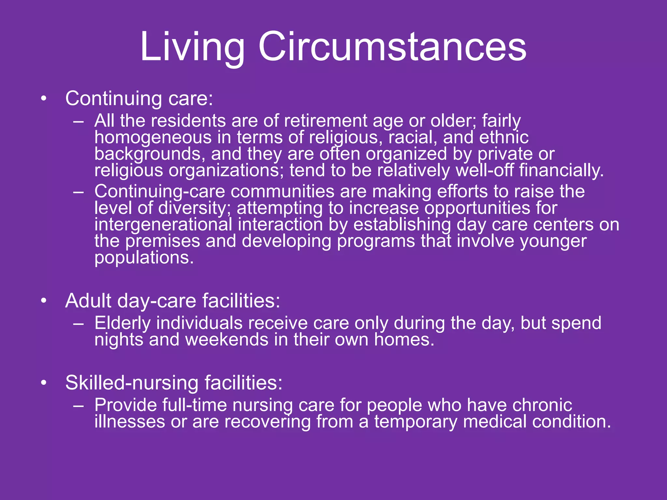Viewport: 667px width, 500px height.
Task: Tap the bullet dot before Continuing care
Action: pyautogui.click(x=44, y=98)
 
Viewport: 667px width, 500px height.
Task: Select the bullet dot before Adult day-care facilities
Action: pyautogui.click(x=44, y=301)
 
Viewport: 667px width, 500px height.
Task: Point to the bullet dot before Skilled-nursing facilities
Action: pyautogui.click(x=44, y=383)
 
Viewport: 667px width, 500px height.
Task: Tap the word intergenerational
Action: pyautogui.click(x=163, y=225)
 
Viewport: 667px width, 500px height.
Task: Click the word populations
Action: pyautogui.click(x=144, y=258)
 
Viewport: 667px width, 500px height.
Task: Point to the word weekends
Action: pyautogui.click(x=227, y=340)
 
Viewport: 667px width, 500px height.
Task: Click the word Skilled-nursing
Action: pyautogui.click(x=132, y=383)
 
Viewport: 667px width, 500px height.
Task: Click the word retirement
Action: pyautogui.click(x=325, y=121)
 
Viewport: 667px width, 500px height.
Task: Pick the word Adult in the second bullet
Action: pyautogui.click(x=88, y=301)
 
